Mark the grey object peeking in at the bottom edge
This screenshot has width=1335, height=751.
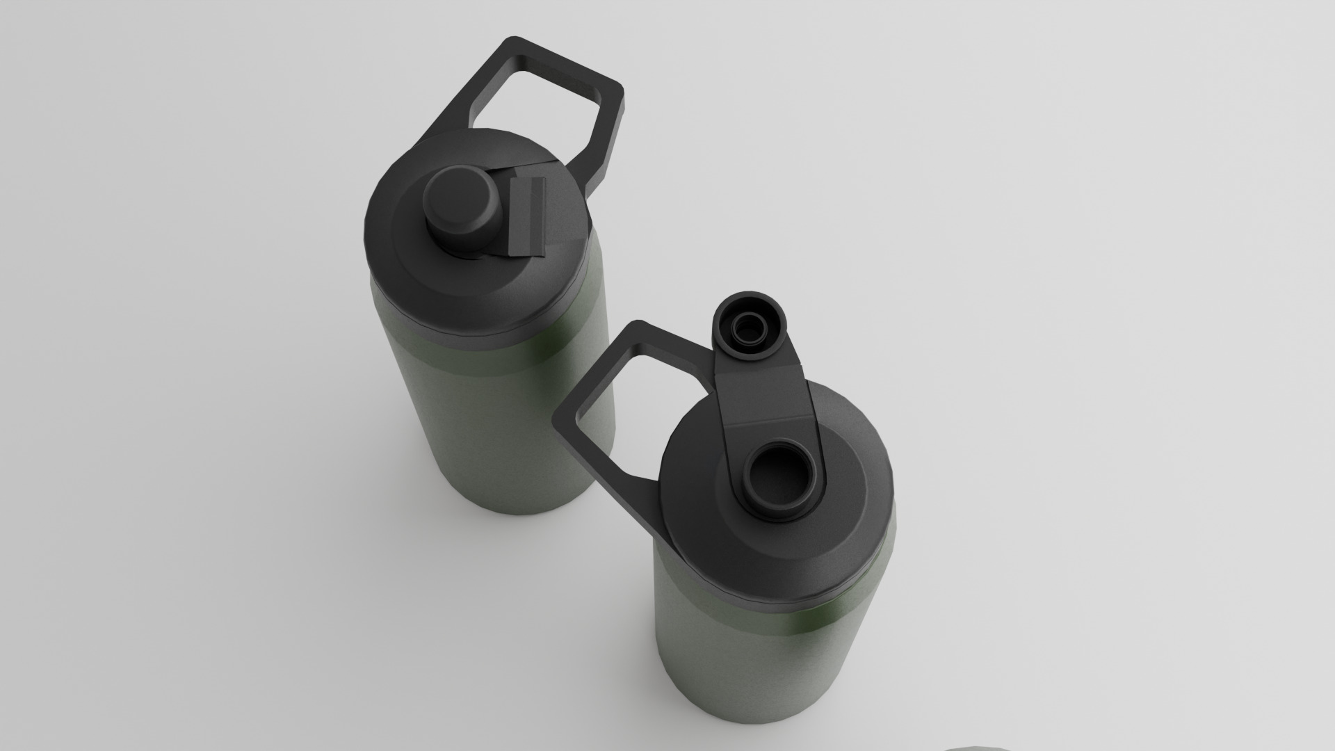pos(973,747)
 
